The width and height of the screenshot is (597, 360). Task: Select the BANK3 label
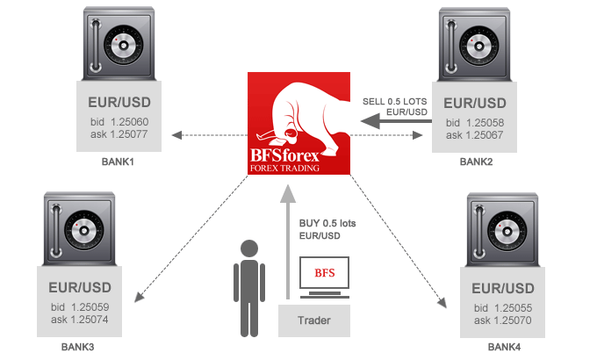(77, 348)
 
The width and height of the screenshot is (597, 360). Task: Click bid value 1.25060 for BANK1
(128, 121)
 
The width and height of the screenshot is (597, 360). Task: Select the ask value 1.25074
(85, 320)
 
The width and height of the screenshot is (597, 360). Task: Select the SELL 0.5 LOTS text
(395, 101)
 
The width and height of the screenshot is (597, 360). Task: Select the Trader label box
(313, 320)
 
